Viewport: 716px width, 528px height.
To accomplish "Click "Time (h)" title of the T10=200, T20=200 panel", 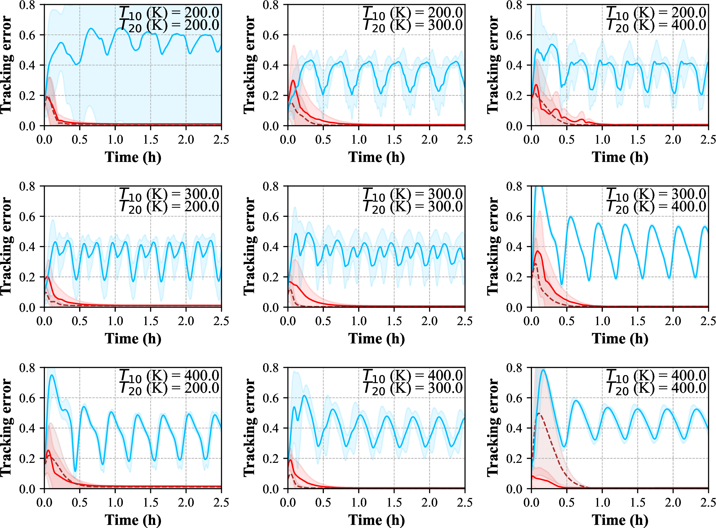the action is coord(133,157).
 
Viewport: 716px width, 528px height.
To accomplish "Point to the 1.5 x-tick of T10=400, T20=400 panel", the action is coord(638,503).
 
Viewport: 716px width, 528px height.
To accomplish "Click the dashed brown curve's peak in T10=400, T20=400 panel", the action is coord(539,413).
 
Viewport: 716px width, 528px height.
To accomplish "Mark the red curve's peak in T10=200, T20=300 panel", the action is coord(293,80).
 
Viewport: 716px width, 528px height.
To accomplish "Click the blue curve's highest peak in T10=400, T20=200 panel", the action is coord(51,375).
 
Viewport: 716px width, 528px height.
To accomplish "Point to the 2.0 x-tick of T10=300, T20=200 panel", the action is coord(186,321).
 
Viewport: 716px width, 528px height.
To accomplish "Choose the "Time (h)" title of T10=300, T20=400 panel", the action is coord(620,339).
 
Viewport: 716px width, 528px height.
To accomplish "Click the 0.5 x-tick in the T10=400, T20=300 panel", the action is coord(323,503).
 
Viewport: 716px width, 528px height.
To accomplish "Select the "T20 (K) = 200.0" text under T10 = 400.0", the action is coord(169,388).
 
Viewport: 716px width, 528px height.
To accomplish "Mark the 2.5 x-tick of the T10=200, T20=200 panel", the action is coord(222,140).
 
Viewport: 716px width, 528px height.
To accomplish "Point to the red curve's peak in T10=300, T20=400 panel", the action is coord(538,251).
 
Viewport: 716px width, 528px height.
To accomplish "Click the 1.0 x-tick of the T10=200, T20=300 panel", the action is coord(359,140).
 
